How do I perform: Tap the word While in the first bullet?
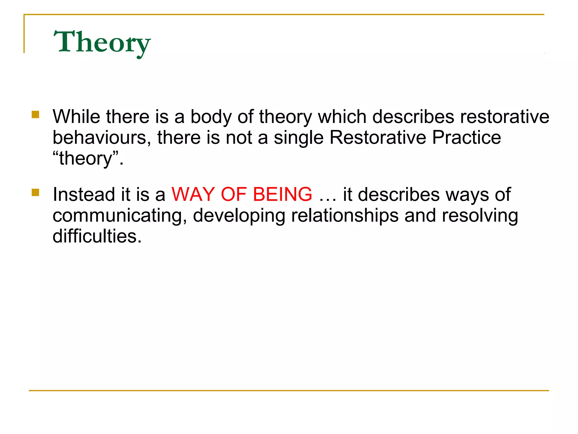(76, 116)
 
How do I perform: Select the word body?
(211, 117)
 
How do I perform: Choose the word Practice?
(467, 138)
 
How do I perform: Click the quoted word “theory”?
(88, 159)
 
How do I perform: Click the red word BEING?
(283, 194)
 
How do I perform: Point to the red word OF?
(234, 194)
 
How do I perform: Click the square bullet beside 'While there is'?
(36, 114)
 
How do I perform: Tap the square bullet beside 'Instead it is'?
(36, 192)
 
